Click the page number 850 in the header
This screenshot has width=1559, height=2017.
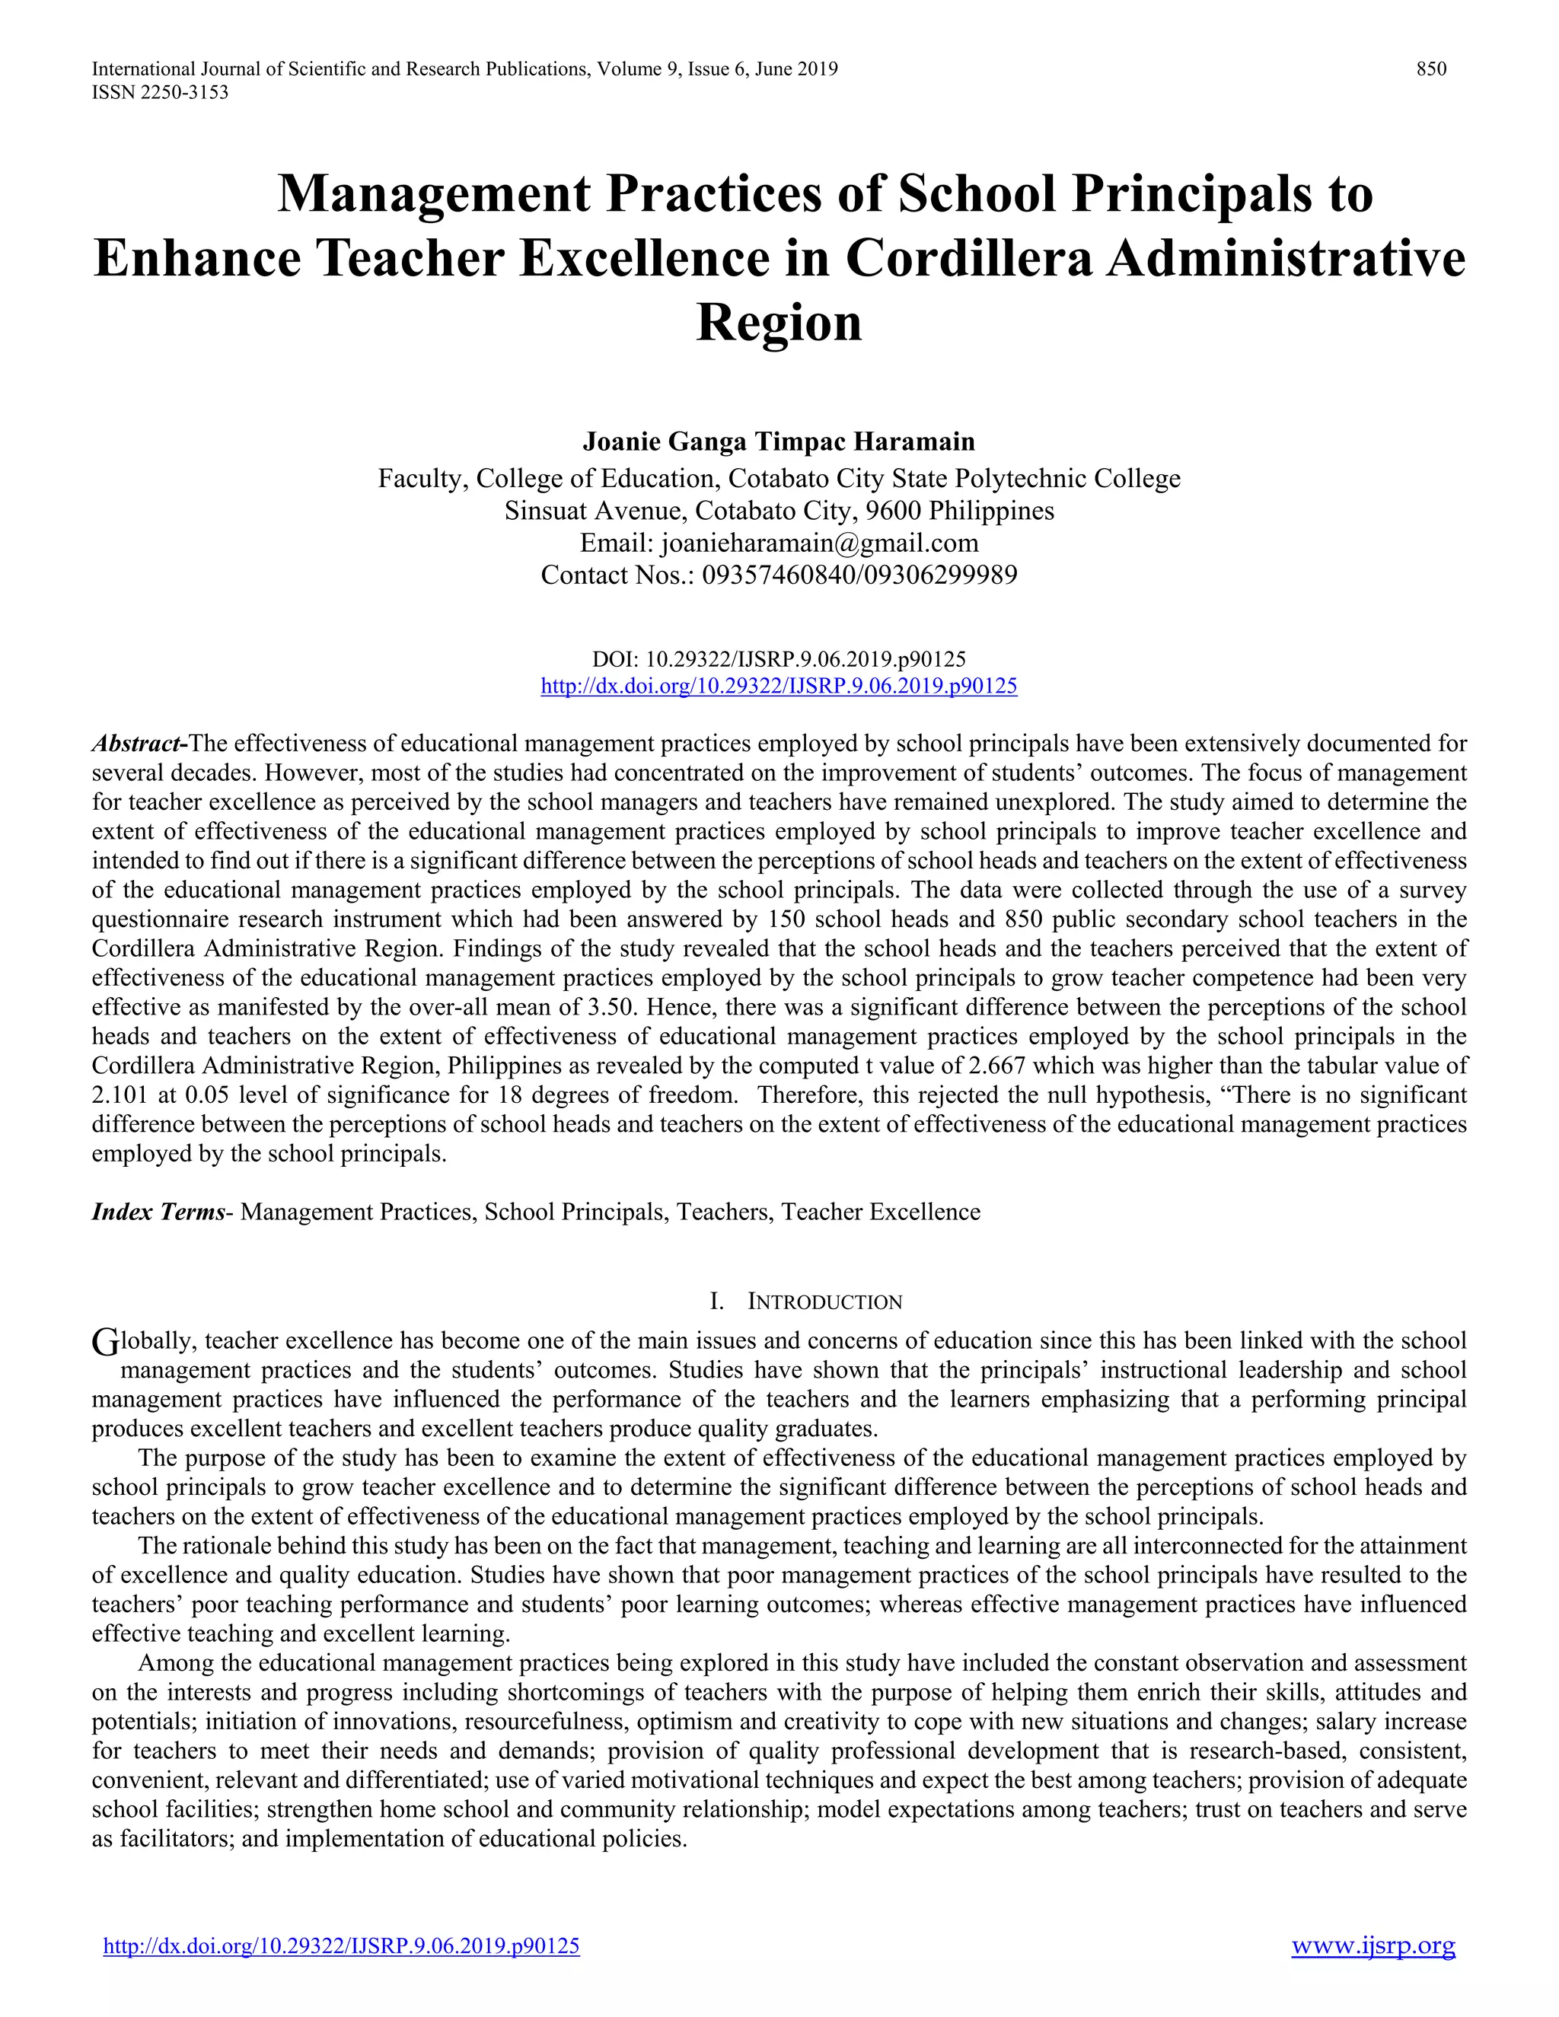click(x=1432, y=69)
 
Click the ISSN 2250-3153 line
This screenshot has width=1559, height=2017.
click(x=160, y=92)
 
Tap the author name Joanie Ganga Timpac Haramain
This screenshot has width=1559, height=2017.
click(x=779, y=441)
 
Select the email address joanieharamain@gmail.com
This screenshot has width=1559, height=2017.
click(x=819, y=542)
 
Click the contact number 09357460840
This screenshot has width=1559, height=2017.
click(x=779, y=575)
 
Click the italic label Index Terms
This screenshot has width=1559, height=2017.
click(x=158, y=1212)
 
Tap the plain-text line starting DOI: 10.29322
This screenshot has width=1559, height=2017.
click(x=779, y=659)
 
